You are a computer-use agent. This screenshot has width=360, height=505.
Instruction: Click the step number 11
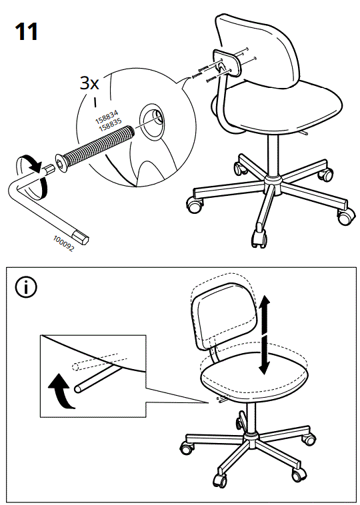[26, 31]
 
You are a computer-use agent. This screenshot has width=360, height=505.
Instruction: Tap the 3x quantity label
[89, 83]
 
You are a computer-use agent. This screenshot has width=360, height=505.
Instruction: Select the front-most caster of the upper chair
[257, 237]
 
